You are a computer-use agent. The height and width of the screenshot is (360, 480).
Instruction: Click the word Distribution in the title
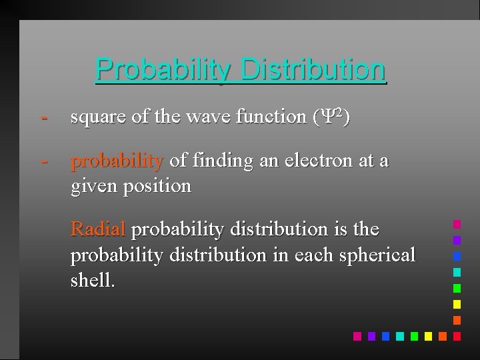point(313,68)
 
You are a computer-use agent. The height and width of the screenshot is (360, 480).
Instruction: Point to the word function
point(272,117)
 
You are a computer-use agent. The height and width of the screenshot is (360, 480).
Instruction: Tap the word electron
point(319,161)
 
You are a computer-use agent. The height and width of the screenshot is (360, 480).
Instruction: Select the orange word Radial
point(97,229)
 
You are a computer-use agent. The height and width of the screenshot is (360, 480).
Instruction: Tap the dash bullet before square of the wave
point(44,117)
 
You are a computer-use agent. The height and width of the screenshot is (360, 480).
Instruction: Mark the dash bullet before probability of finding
point(44,161)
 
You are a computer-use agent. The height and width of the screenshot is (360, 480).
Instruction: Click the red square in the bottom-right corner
point(457,336)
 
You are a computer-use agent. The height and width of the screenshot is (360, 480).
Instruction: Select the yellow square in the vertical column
point(457,304)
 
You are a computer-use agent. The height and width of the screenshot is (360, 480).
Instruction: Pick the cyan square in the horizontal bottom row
point(400,336)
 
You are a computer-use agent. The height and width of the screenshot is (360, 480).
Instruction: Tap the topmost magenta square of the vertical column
point(457,224)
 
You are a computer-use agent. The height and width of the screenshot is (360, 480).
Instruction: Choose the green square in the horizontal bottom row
point(414,336)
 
